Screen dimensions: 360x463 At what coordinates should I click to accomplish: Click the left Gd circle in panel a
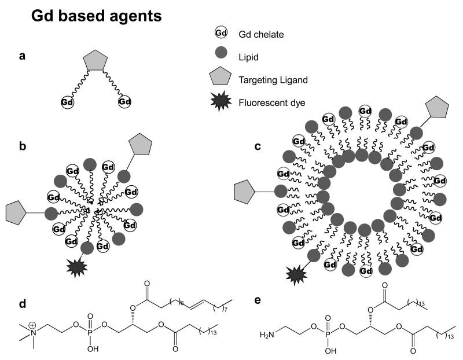point(67,102)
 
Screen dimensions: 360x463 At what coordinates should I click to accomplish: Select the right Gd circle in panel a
point(124,102)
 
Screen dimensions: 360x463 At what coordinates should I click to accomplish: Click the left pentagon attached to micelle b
point(17,213)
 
